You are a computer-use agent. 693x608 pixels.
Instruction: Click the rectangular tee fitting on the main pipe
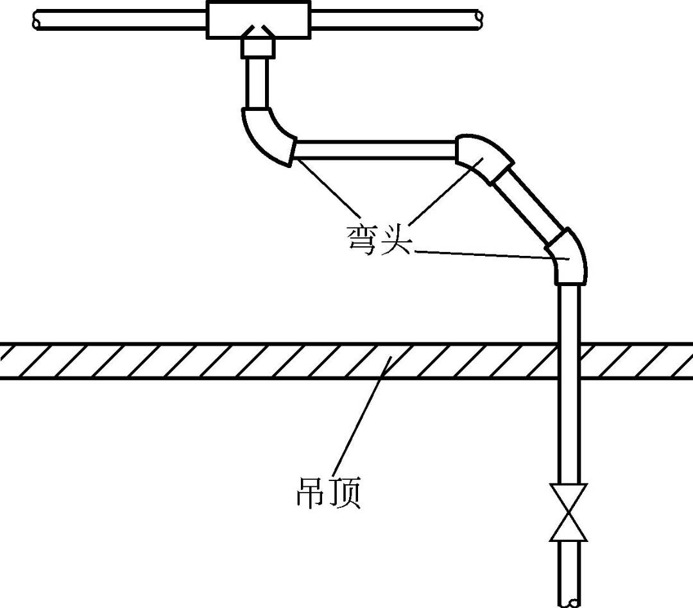(259, 18)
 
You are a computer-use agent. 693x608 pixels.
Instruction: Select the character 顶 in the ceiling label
(344, 492)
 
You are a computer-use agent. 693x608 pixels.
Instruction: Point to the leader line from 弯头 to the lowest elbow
(488, 255)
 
